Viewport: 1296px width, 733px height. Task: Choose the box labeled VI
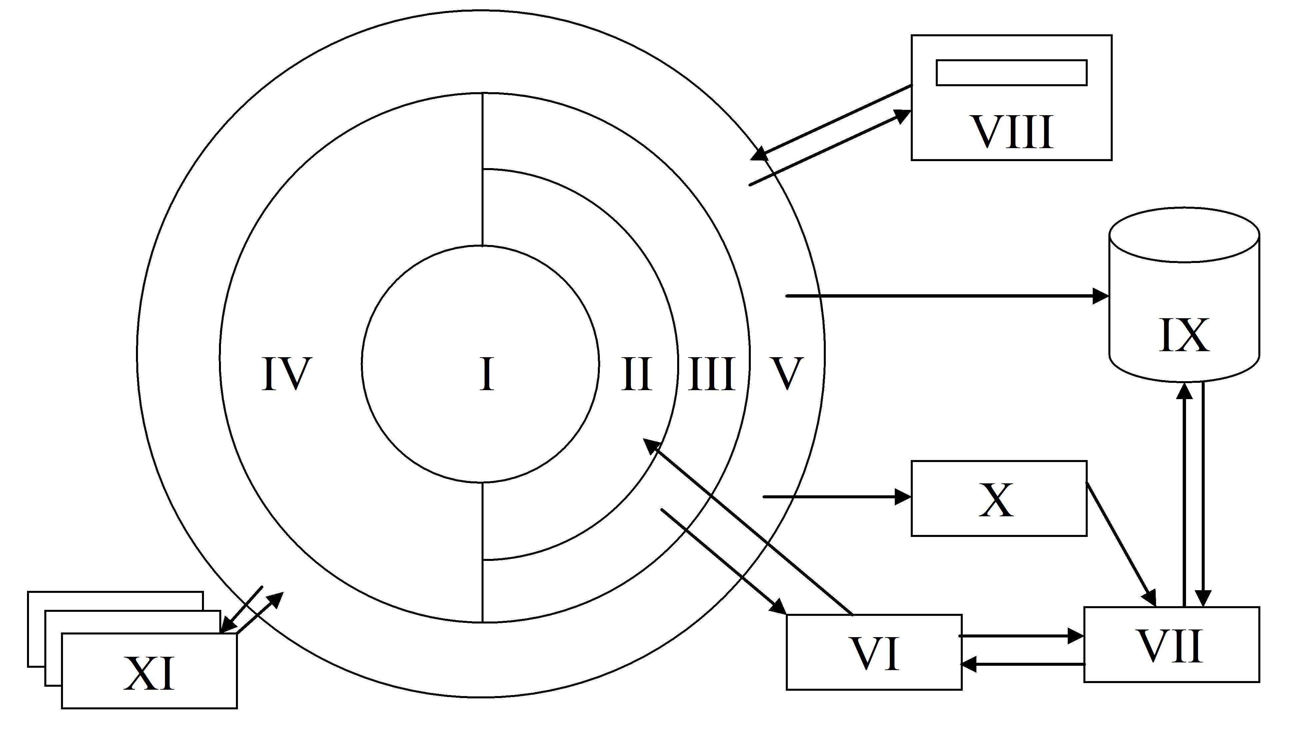(874, 652)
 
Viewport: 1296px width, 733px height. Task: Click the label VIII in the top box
(1013, 132)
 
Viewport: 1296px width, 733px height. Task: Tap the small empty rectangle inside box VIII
(1011, 73)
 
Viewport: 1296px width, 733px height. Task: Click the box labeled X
(999, 498)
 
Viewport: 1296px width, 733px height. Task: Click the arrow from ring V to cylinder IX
(947, 296)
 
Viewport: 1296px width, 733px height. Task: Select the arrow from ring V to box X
(837, 497)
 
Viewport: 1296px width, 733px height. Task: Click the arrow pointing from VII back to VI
(1022, 664)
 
